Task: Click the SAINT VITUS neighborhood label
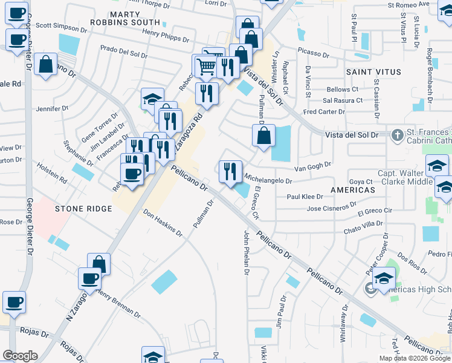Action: coord(373,72)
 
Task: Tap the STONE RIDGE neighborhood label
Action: coord(84,209)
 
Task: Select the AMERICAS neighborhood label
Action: coord(354,190)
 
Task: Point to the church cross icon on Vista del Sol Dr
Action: coord(397,134)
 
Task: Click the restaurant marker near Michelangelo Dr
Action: coord(230,171)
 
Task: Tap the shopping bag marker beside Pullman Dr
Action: coord(263,135)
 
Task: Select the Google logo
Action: coord(20,356)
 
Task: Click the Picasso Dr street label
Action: coord(314,54)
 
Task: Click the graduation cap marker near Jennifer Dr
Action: coord(152,99)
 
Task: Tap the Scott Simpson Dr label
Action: coord(62,27)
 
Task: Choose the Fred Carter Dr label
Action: coord(324,111)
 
